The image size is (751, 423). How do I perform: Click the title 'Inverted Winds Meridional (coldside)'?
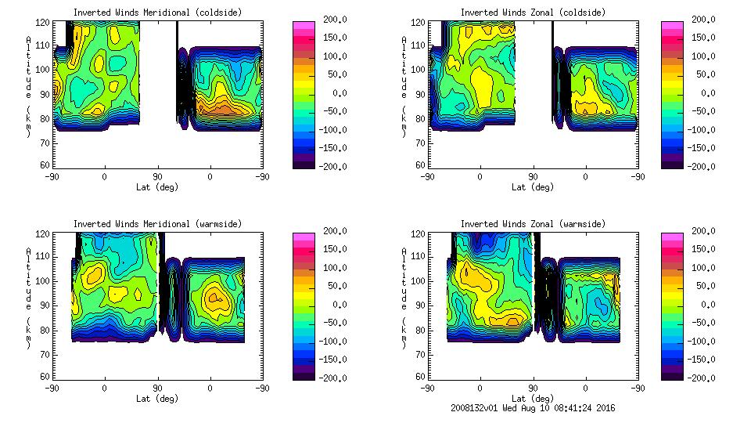(x=157, y=13)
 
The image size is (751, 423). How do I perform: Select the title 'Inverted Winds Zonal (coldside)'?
(x=533, y=13)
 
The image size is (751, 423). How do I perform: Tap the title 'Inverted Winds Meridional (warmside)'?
(x=157, y=224)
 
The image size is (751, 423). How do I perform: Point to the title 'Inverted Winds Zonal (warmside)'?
(x=533, y=224)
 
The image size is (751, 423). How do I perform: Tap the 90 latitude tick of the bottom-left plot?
(x=157, y=388)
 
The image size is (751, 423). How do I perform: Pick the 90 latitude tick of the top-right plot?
(x=533, y=176)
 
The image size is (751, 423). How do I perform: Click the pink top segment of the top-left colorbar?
(x=304, y=26)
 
